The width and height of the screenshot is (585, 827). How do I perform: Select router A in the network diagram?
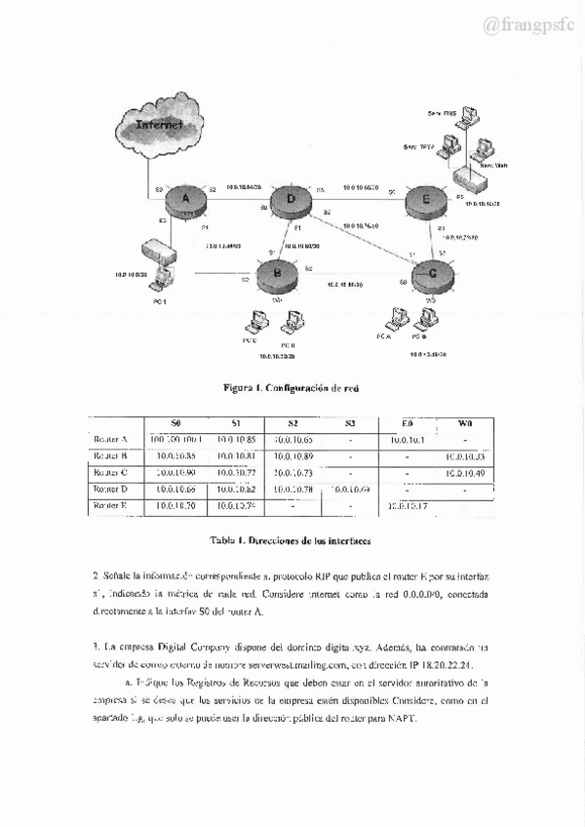click(x=184, y=201)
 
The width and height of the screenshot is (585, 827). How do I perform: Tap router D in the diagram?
click(x=291, y=202)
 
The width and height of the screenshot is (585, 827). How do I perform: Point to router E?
click(x=424, y=200)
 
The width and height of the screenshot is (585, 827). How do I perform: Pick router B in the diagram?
click(x=278, y=274)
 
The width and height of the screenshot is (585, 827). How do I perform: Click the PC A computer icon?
click(x=396, y=319)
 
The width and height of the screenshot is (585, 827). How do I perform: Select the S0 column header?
click(x=175, y=423)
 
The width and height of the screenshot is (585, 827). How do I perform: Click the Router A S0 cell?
click(x=175, y=440)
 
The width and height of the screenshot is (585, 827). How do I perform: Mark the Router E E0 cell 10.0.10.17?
click(x=408, y=505)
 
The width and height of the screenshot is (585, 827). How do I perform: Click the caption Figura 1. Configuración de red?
click(x=292, y=387)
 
